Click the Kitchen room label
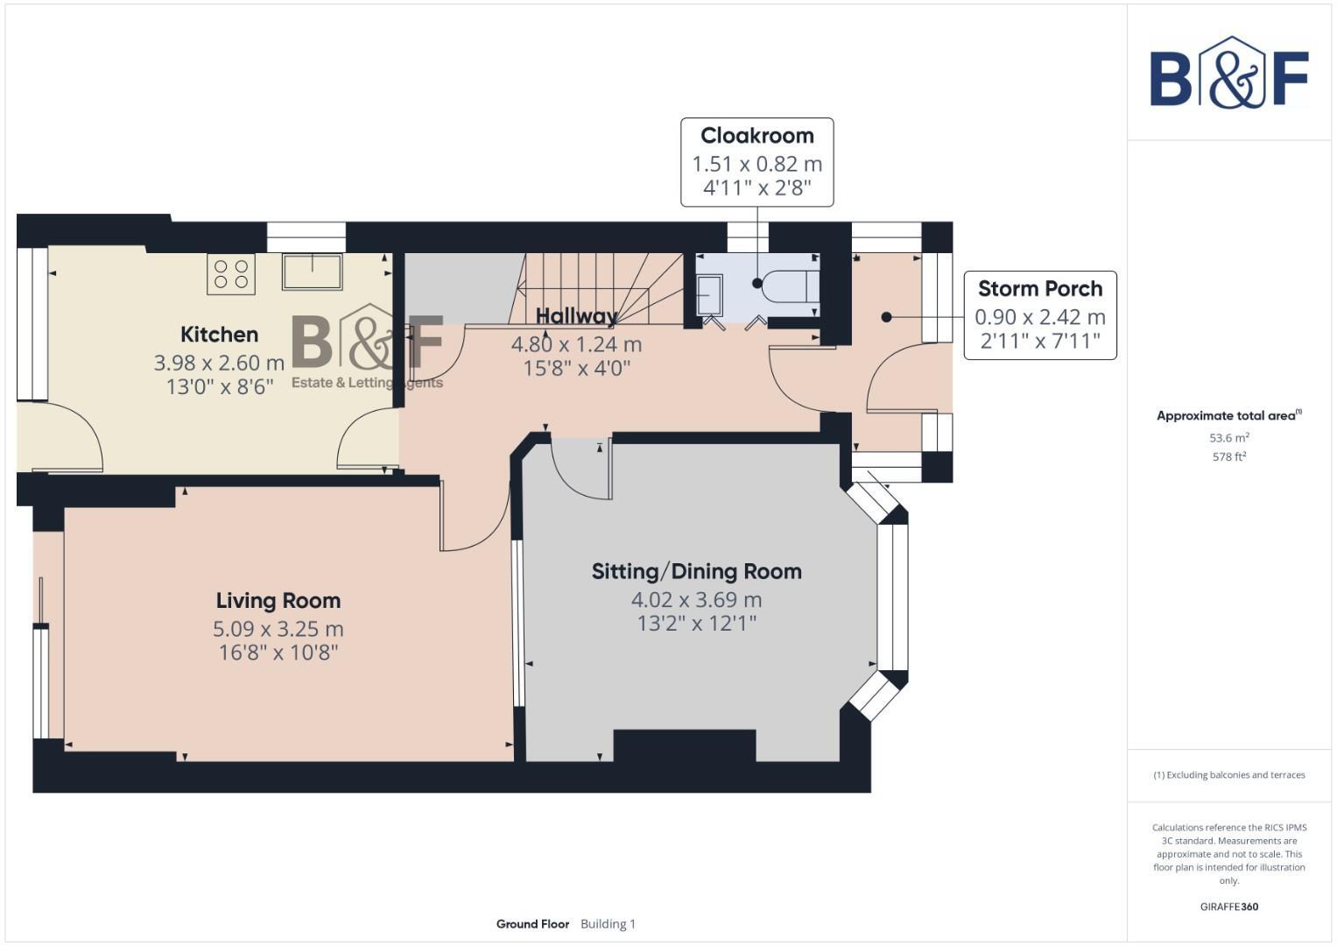pyautogui.click(x=219, y=335)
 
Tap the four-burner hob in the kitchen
pyautogui.click(x=231, y=274)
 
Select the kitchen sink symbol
pyautogui.click(x=312, y=272)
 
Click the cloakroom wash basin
pyautogui.click(x=709, y=294)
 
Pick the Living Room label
pyautogui.click(x=278, y=601)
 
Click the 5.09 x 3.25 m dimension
pyautogui.click(x=278, y=629)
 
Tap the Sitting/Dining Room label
pyautogui.click(x=696, y=572)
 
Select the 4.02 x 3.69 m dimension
pyautogui.click(x=696, y=600)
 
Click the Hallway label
pyautogui.click(x=576, y=316)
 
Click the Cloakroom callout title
pyautogui.click(x=756, y=136)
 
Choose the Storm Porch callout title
pyautogui.click(x=1039, y=289)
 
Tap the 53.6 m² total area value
pyautogui.click(x=1228, y=438)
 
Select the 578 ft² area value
pyautogui.click(x=1228, y=456)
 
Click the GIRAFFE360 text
pyautogui.click(x=1228, y=907)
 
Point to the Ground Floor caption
pyautogui.click(x=532, y=924)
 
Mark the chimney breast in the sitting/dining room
pyautogui.click(x=684, y=745)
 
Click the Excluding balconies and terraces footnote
pyautogui.click(x=1228, y=775)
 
